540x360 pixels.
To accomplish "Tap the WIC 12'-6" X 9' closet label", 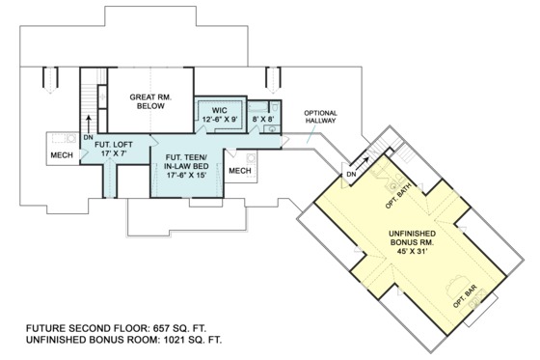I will (x=220, y=116).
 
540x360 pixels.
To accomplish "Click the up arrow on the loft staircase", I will (x=89, y=121).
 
